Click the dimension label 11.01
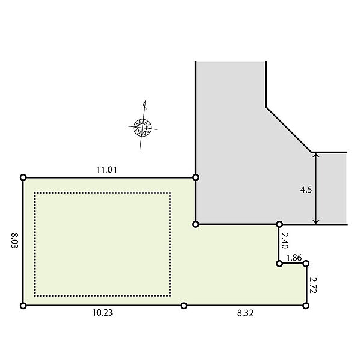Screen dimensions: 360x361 [x=107, y=170]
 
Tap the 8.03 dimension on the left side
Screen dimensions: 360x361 [x=14, y=241]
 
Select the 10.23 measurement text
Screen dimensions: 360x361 [x=102, y=313]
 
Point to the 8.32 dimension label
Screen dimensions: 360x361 [x=245, y=313]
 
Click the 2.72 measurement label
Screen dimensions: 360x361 [x=313, y=285]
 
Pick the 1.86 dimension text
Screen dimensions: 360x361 [x=294, y=258]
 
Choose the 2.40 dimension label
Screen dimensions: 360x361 [x=285, y=241]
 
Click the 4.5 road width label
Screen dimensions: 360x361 [x=306, y=190]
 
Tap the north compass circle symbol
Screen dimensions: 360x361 [x=142, y=128]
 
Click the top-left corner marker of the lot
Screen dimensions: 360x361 [x=23, y=177]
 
